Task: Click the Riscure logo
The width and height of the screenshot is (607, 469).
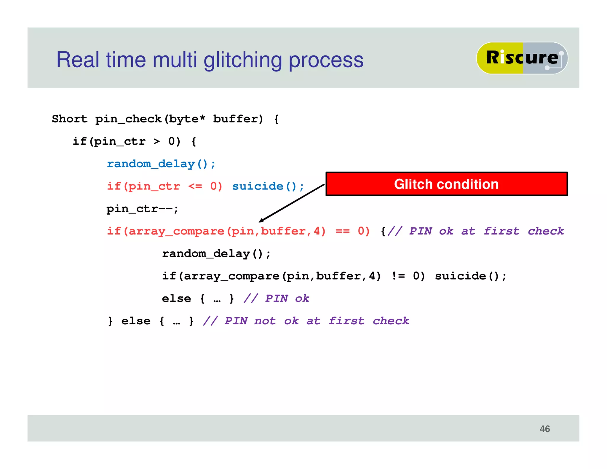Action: coord(522,58)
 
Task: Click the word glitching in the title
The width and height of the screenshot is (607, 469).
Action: coord(242,60)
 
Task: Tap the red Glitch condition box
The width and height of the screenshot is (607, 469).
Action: coord(446,184)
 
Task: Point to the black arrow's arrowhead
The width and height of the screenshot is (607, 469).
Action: coord(261,220)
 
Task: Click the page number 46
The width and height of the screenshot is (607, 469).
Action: coord(544,429)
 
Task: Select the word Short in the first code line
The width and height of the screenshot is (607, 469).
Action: coord(70,119)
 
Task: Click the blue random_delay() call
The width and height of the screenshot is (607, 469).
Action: coord(161,164)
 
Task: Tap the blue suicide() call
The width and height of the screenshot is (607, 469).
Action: coord(268,186)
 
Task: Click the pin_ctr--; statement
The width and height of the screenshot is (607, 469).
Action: coord(142,209)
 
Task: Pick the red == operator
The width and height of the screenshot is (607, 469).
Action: coord(342,231)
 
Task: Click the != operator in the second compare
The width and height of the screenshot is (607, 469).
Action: coord(398,276)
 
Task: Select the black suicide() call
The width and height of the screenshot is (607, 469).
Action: coord(471,276)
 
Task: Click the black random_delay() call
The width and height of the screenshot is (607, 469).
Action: coord(216,254)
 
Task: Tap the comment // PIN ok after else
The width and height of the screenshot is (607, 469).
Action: coord(276,299)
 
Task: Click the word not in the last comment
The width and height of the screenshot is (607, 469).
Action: coord(265,321)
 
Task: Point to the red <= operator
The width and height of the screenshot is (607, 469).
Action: coord(195,186)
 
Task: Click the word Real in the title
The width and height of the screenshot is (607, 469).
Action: coord(78,60)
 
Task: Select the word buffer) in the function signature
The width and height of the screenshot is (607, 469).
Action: coord(238,119)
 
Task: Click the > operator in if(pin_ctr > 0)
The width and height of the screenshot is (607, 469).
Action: coord(156,141)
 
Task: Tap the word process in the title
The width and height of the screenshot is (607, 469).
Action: coord(326,60)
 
